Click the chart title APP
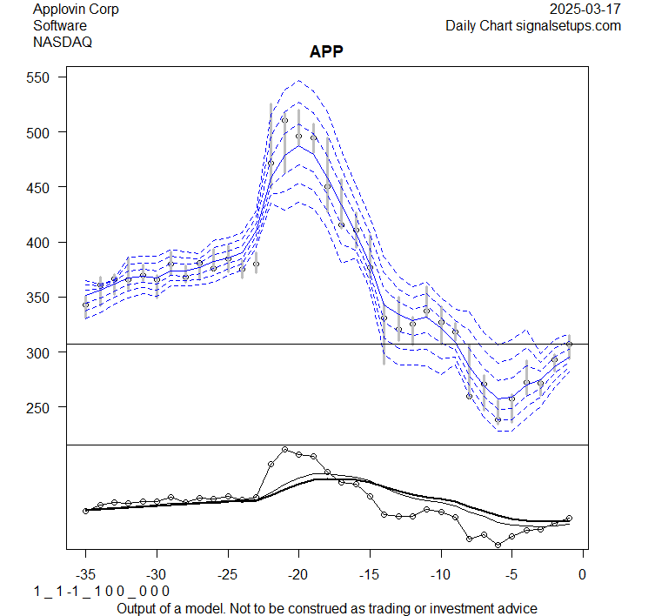coord(326,52)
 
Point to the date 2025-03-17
coord(586,10)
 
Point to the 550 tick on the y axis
coord(44,77)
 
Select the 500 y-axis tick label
coord(44,132)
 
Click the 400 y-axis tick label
coord(44,242)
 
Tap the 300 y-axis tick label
coord(44,352)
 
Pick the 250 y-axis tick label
coord(44,407)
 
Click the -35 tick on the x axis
coord(86,575)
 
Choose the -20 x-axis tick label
coord(298,575)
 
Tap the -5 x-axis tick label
coord(511,575)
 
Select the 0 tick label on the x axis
coord(582,575)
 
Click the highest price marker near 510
coord(284,120)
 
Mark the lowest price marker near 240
coord(498,419)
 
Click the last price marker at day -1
coord(569,344)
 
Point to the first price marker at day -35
coord(86,305)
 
